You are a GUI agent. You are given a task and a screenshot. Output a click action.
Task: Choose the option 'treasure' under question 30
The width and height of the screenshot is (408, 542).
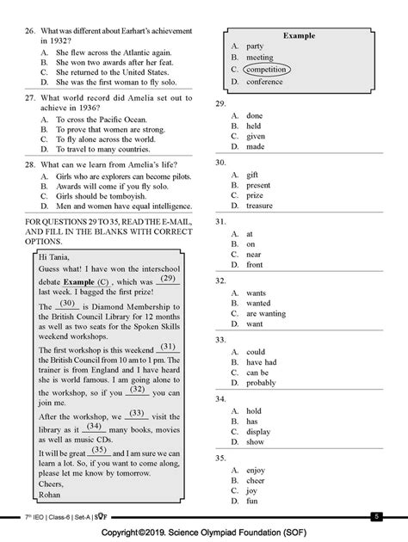pyautogui.click(x=259, y=206)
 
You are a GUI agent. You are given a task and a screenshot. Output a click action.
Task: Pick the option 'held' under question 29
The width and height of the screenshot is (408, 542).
pyautogui.click(x=254, y=126)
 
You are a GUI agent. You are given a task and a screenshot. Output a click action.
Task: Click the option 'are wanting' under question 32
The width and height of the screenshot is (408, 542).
pyautogui.click(x=266, y=313)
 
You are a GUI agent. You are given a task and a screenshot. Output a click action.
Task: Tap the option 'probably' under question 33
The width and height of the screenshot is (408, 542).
pyautogui.click(x=263, y=383)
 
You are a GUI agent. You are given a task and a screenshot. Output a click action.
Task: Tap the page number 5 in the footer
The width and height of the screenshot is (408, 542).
pyautogui.click(x=375, y=515)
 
